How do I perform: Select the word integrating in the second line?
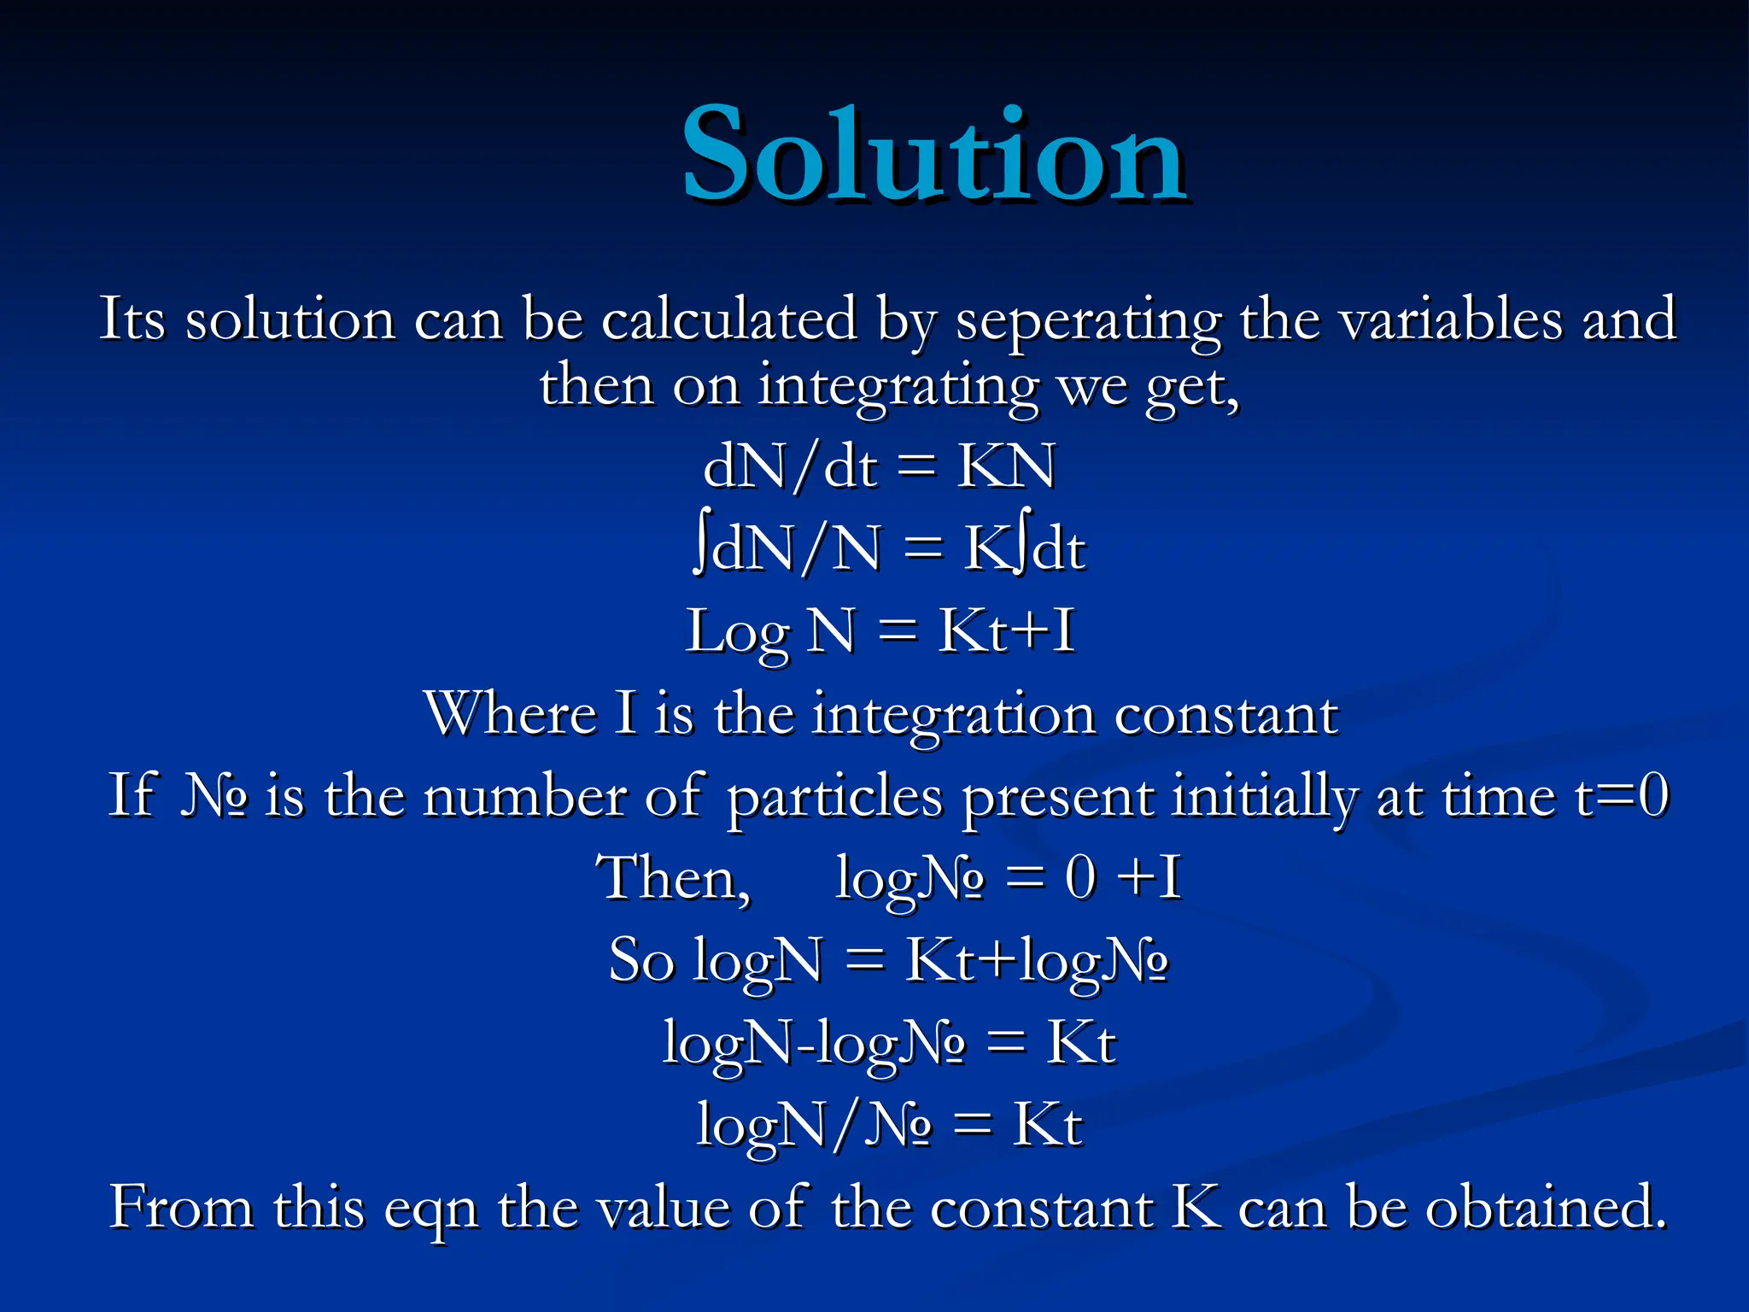(898, 386)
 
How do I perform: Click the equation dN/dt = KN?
(879, 466)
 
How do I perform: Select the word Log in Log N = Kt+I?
(737, 633)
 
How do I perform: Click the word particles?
(834, 797)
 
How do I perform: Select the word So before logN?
(641, 960)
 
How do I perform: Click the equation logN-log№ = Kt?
(888, 1043)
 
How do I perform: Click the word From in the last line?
(182, 1207)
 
